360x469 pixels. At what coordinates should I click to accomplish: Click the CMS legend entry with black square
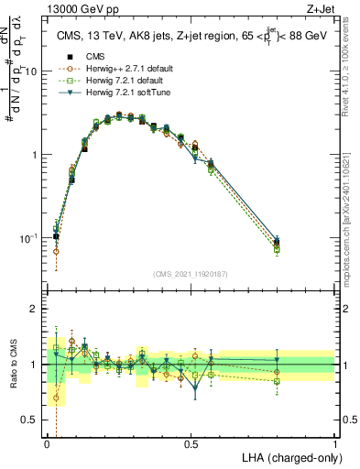pyautogui.click(x=82, y=56)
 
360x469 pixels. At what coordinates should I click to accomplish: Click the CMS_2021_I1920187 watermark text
pyautogui.click(x=190, y=274)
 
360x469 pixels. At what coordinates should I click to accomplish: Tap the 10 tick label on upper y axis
pyautogui.click(x=32, y=71)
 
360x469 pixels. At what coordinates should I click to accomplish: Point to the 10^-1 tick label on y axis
pyautogui.click(x=29, y=238)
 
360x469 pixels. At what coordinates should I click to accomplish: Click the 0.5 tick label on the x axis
pyautogui.click(x=191, y=442)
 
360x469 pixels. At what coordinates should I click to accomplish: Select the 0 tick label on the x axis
pyautogui.click(x=47, y=442)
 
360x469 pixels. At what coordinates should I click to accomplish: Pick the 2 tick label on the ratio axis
pyautogui.click(x=36, y=309)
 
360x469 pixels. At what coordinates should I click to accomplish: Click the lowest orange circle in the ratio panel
pyautogui.click(x=56, y=398)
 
